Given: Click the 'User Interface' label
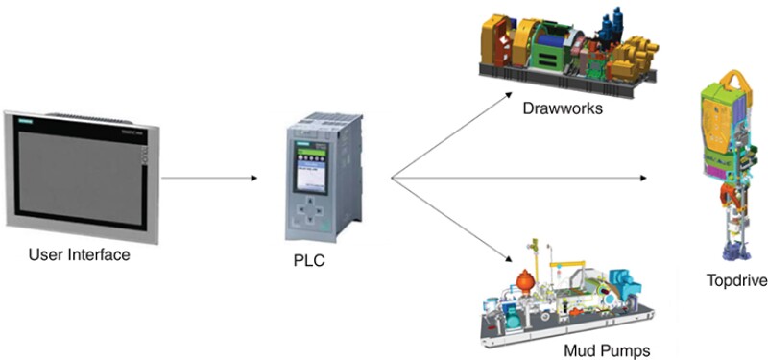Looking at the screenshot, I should [79, 255].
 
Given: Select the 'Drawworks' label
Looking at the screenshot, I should [563, 108].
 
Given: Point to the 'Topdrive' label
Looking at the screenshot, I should [734, 280].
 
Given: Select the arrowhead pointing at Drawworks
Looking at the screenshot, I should [510, 94].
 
